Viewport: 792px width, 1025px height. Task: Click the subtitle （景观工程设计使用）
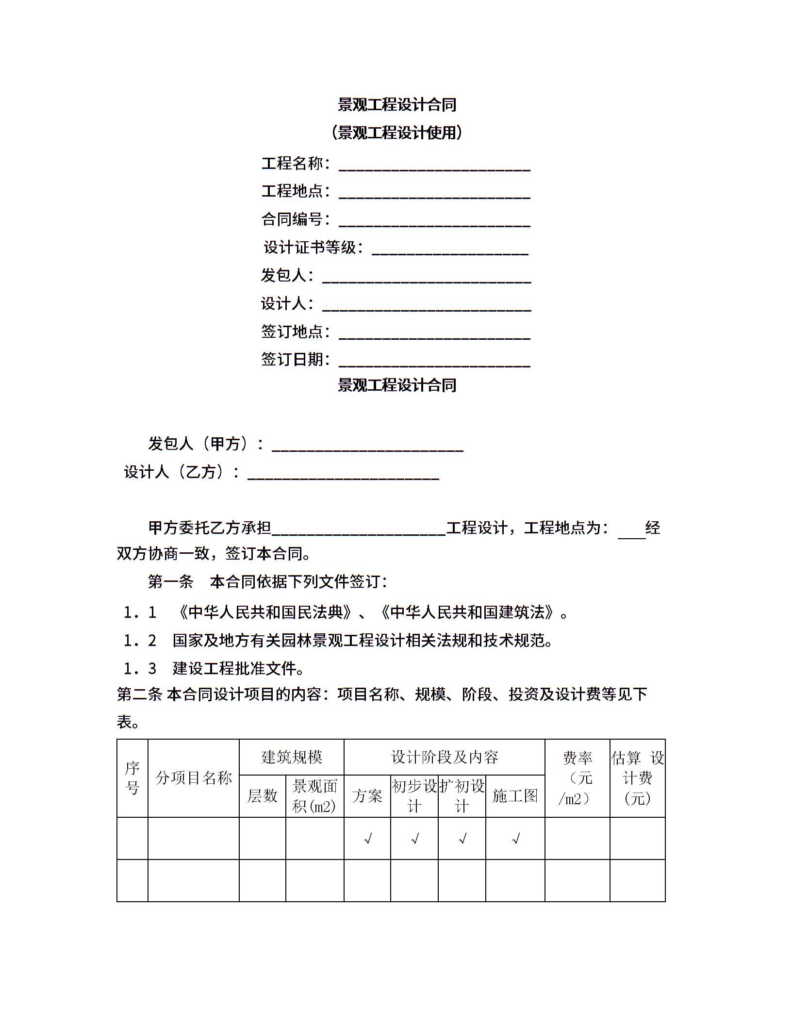(396, 132)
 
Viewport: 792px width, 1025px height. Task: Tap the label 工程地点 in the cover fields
(292, 191)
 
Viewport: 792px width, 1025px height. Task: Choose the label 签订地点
(292, 331)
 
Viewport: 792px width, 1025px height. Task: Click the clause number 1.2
(139, 641)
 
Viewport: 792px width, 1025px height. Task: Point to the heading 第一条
(170, 581)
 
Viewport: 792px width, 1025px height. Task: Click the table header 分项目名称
(193, 778)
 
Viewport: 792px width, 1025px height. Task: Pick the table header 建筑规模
(291, 757)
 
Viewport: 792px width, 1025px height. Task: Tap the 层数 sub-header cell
(262, 795)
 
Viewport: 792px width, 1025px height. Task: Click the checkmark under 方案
(367, 838)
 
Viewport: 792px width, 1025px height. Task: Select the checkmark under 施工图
(515, 838)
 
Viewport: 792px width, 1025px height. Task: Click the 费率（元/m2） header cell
(577, 778)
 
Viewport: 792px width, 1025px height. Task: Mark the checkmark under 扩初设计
(462, 838)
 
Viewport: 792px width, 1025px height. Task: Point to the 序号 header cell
(132, 778)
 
